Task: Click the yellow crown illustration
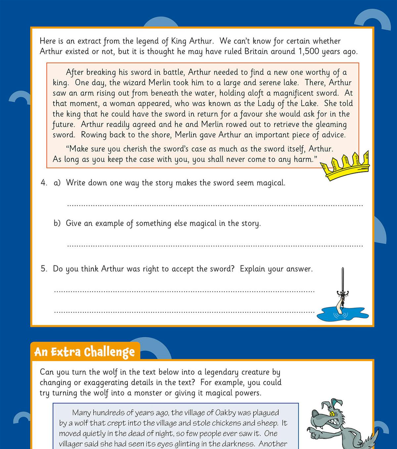click(346, 166)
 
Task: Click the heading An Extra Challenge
click(85, 352)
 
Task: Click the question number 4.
click(44, 183)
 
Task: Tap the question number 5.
click(44, 269)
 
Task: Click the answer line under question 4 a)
click(215, 205)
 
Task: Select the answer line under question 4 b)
click(215, 246)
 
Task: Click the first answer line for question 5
click(184, 291)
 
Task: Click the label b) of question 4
click(57, 224)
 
